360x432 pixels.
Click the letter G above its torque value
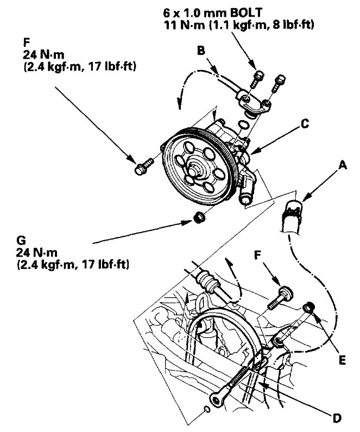point(22,239)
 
